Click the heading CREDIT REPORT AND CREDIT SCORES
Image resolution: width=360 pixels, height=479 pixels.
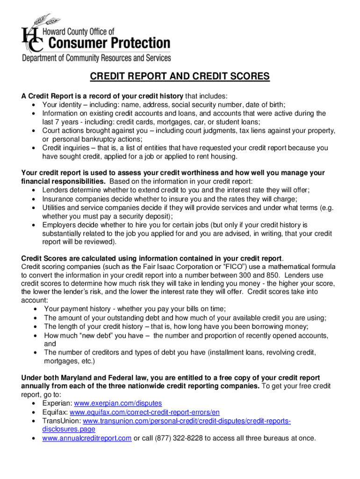(180, 77)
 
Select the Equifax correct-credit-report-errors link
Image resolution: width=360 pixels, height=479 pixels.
(144, 412)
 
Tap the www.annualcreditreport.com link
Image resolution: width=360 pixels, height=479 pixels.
(86, 438)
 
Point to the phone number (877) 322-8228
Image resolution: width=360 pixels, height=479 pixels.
(177, 438)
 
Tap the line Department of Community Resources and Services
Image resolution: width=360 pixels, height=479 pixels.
(96, 58)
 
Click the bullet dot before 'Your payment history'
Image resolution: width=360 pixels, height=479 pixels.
(37, 309)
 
